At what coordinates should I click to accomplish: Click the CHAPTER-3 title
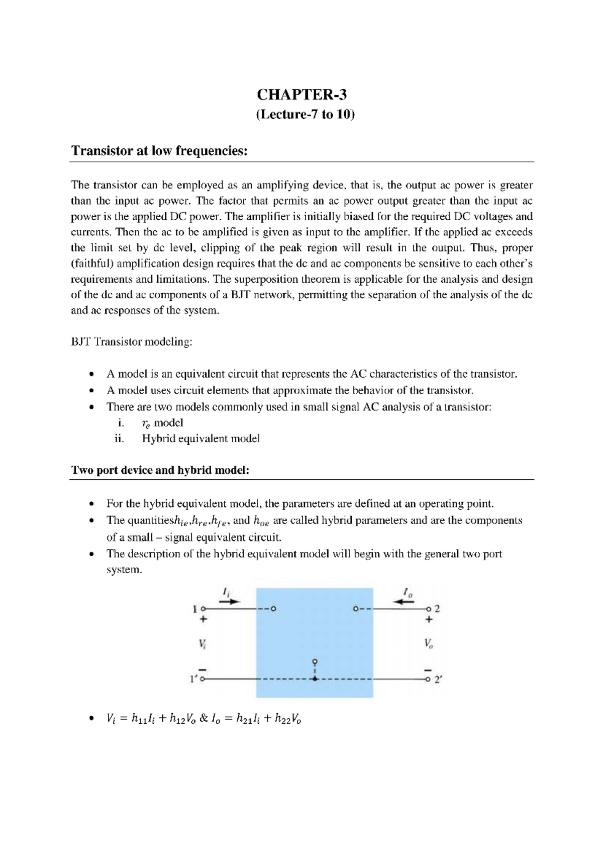coord(301,95)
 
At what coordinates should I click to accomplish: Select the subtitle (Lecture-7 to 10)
coord(305,115)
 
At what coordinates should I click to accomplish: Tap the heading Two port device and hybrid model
coord(160,471)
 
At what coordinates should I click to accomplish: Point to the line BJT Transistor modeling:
coord(131,343)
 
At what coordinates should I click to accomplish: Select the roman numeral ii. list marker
coord(119,439)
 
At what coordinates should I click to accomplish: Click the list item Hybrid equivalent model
coord(200,439)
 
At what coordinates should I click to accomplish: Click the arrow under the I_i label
coord(230,602)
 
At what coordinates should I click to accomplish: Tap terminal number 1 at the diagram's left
coord(194,609)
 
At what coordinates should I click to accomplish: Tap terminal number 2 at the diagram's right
coord(437,609)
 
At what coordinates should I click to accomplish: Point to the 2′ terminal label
coord(438,679)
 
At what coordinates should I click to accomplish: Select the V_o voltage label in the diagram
coord(428,643)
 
